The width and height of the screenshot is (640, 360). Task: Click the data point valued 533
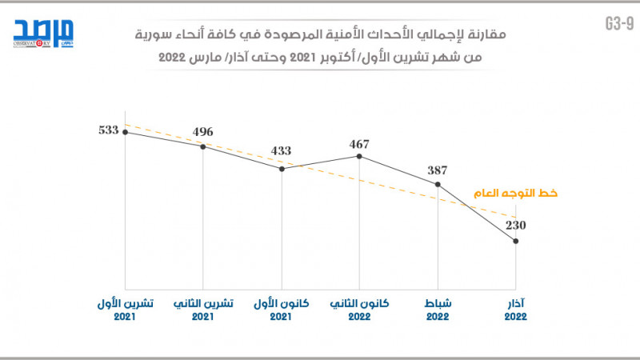[126, 132]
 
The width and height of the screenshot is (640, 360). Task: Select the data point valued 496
[203, 146]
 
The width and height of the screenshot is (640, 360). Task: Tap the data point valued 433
[282, 169]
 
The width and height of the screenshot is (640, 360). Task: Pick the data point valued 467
[359, 156]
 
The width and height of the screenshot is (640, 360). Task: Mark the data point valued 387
[438, 185]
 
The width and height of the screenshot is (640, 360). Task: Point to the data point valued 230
[516, 241]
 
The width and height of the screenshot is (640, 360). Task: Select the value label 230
[516, 225]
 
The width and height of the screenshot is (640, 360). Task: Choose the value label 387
[438, 170]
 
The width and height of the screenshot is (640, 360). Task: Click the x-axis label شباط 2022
[438, 310]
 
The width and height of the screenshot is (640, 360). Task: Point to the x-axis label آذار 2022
[516, 310]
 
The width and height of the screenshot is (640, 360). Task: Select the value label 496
[203, 132]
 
